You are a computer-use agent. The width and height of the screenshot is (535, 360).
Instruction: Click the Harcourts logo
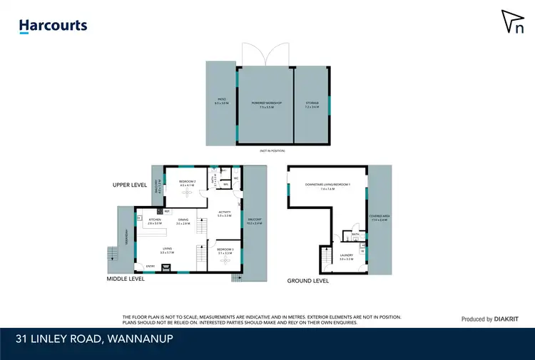[x=53, y=26]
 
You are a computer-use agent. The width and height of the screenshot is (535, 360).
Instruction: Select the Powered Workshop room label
[x=267, y=104]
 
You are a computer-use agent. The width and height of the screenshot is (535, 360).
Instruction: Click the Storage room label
[x=312, y=104]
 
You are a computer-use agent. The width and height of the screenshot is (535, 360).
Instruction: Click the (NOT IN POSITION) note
[x=272, y=151]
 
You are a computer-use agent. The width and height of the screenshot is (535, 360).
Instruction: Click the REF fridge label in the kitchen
[x=167, y=211]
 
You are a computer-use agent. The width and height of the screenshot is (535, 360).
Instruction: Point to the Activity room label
[x=224, y=212]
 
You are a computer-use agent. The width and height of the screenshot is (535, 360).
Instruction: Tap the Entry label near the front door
[x=150, y=267]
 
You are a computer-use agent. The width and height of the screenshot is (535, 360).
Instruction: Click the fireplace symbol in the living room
[x=166, y=268]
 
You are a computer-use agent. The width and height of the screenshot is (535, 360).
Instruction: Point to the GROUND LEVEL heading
[x=308, y=281]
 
